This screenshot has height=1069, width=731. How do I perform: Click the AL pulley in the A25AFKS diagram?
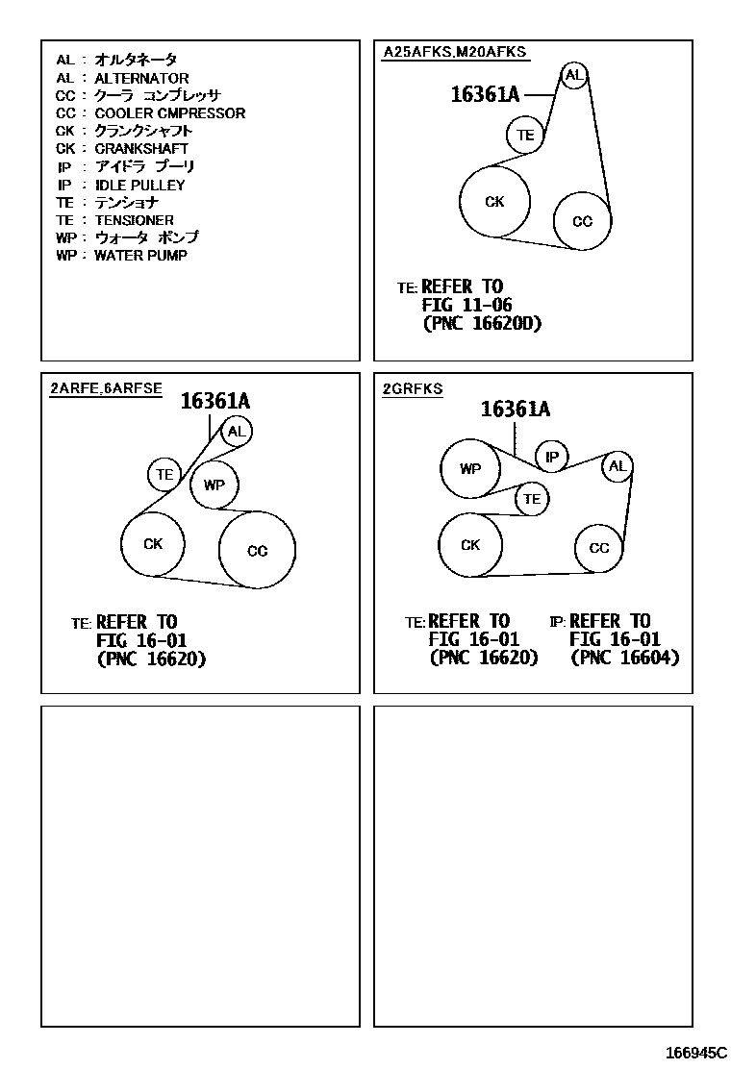coord(574,76)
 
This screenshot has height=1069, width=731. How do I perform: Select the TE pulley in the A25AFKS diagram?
coord(525,136)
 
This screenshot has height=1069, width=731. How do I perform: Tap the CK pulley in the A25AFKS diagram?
coord(494,202)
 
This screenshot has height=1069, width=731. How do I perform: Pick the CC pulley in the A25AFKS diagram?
coord(583,221)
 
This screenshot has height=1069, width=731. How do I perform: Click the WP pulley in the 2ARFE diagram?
coord(214,485)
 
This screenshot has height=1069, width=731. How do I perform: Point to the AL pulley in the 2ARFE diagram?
coord(237,431)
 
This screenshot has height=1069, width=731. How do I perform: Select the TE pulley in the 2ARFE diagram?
coord(165,474)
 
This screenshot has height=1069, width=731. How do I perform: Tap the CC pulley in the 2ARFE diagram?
coord(257,551)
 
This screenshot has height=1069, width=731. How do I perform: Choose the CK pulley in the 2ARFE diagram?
coord(153,544)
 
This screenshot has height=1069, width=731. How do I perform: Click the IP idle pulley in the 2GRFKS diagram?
coord(552,458)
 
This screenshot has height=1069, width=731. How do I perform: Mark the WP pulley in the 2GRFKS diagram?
coord(470,469)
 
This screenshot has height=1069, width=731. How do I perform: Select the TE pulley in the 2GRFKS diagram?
coord(532,499)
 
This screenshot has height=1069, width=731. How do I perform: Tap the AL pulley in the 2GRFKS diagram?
coord(618,467)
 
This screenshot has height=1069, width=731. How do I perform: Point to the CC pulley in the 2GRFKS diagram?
coord(599,548)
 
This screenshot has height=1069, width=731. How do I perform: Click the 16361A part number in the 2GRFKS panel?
coord(515,410)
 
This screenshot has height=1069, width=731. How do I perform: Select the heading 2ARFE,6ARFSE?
coord(106,389)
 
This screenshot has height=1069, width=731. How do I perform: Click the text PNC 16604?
coord(625,658)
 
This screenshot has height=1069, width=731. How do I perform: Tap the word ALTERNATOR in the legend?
coord(141,78)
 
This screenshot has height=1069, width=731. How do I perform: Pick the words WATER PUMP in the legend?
coord(140,256)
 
